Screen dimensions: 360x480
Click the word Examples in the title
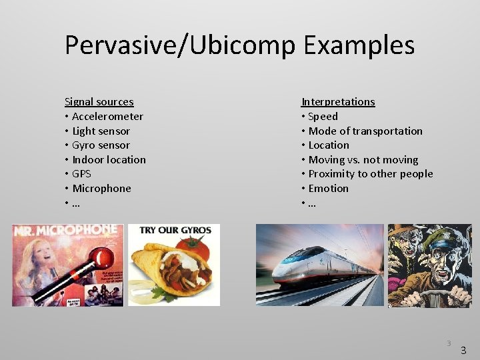point(359,45)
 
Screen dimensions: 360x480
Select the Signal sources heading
point(99,102)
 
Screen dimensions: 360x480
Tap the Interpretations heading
point(338,102)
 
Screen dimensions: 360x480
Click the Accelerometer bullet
point(107,117)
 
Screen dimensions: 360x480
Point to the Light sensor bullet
point(101,131)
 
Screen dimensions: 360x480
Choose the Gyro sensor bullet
point(101,145)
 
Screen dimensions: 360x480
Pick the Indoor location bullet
point(109,160)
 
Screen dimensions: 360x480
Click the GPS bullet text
point(81,174)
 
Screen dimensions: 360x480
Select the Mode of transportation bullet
point(365,131)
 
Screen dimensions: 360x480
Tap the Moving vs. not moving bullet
point(363,160)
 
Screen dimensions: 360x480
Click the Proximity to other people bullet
point(371,174)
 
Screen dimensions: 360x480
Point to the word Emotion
point(329,189)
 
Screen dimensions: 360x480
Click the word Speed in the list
point(323,117)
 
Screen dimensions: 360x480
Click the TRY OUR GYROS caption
point(175,231)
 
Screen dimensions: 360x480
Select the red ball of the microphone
point(104,256)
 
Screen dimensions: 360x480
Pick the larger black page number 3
point(463,350)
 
